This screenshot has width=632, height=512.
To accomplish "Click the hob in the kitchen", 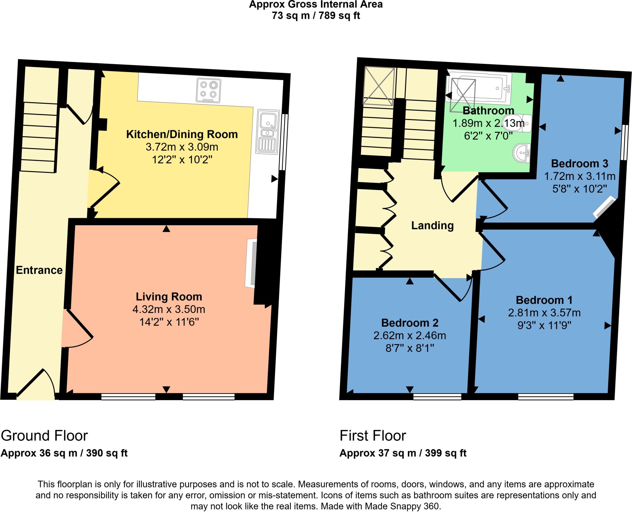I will pos(209,90).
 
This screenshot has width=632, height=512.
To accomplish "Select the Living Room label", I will pos(169,297).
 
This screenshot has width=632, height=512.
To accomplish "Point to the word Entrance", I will pos(39,270).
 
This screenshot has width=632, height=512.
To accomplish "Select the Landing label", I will pos(432,226).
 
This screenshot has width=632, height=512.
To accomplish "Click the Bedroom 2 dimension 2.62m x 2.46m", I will pos(410,335).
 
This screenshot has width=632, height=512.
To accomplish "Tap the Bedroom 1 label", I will pos(544,300).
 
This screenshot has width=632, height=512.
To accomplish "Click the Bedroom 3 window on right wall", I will pos(624,142).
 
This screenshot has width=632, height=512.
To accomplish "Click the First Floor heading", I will pos(372,436).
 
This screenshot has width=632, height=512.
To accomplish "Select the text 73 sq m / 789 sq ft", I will pos(316,16).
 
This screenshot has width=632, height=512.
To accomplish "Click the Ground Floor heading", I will pos(44,436).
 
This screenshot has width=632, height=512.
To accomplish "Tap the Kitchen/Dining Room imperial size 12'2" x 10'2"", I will pos(182,160).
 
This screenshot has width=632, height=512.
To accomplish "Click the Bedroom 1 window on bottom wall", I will pos(545,397).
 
